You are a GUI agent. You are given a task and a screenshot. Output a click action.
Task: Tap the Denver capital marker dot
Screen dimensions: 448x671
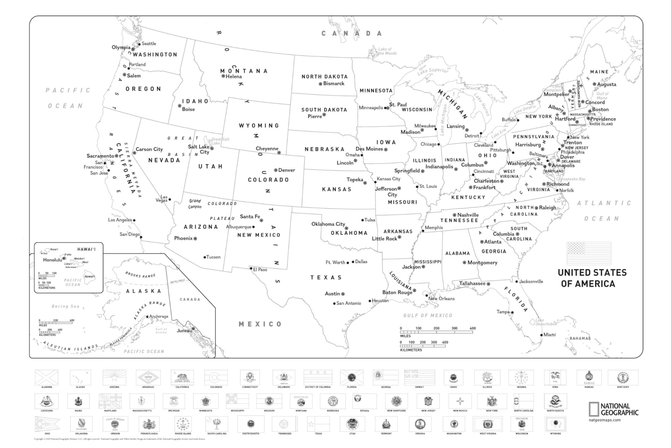275,170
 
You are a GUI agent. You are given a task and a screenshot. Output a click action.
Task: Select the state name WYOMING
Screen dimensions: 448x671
259,125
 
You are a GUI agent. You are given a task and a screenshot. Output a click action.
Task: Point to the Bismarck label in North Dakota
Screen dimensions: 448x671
333,83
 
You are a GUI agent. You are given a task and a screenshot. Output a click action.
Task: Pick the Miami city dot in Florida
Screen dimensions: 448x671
541,335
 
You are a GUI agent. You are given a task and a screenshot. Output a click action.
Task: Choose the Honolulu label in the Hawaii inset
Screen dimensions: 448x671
52,260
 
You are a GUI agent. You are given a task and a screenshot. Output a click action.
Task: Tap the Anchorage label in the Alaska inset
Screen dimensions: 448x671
159,316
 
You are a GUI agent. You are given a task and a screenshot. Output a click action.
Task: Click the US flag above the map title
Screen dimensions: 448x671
589,253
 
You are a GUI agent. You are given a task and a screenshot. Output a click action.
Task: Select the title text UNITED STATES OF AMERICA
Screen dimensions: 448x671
592,278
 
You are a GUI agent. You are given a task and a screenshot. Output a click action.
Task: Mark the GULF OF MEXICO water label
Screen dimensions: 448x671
428,316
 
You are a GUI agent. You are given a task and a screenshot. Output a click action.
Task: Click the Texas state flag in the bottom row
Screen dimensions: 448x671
318,424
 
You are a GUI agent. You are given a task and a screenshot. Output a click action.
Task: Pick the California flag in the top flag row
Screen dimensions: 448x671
182,377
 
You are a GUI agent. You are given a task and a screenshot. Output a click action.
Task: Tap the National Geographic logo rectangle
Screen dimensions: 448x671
594,409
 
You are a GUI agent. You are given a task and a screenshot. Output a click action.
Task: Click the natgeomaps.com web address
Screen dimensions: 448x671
604,420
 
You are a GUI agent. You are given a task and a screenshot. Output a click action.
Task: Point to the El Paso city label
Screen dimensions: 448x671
260,269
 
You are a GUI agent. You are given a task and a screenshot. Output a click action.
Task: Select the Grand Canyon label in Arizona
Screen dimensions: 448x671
195,204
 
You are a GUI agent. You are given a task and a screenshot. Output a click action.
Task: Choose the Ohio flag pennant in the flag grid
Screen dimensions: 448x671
47,424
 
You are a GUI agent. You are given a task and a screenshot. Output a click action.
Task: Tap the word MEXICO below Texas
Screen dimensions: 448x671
260,324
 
